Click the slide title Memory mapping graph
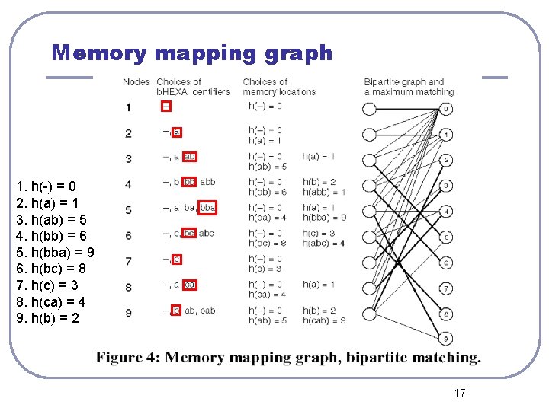point(192,53)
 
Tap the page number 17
point(459,393)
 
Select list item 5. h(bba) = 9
point(55,252)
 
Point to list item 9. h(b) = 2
point(47,318)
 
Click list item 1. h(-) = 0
point(46,186)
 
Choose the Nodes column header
point(136,81)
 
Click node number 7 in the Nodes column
point(128,262)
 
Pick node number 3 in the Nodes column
point(128,159)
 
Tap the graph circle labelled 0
point(446,109)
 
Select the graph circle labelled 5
point(446,237)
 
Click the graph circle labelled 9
point(446,339)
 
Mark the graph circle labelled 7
point(446,288)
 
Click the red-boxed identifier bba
point(208,208)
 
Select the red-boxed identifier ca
point(190,285)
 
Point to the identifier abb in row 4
point(207,182)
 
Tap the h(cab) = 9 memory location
point(324,320)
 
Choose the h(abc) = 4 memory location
point(324,244)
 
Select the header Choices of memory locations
point(279,87)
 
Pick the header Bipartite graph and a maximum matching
point(408,87)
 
